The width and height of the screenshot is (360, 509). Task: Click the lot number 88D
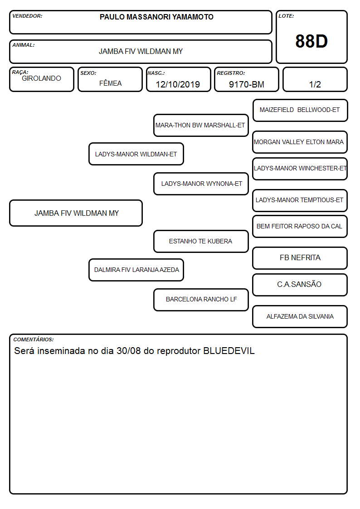pos(311,41)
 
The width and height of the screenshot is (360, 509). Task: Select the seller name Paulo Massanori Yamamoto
pos(156,17)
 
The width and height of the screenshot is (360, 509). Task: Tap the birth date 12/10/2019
pos(178,84)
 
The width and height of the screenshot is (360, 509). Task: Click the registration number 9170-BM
pos(246,84)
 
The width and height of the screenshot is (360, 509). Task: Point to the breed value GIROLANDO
pos(41,78)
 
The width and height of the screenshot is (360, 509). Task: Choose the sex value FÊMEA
pos(110,83)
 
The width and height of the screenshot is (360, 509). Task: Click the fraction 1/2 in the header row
pos(315,84)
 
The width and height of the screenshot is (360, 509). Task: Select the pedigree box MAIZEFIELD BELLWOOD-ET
pos(300,111)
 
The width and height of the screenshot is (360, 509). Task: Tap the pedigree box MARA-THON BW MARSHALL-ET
pos(201,125)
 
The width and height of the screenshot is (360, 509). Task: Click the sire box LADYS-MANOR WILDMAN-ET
pos(136,154)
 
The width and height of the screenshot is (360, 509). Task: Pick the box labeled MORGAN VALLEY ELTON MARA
pos(300,142)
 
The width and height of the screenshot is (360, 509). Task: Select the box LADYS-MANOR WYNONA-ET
pos(201,184)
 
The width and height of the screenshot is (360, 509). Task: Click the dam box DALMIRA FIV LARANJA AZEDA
pos(136,270)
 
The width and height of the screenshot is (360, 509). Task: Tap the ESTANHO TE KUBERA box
pos(201,241)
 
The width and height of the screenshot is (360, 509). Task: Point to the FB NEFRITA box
pos(300,258)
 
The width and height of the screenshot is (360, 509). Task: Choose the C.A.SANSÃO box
pos(300,285)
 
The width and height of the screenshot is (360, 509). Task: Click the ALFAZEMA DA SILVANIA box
pos(300,316)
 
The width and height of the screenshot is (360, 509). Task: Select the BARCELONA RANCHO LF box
pos(201,300)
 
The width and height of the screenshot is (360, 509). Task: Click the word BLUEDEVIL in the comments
pos(229,351)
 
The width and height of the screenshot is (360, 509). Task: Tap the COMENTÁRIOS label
pos(34,339)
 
